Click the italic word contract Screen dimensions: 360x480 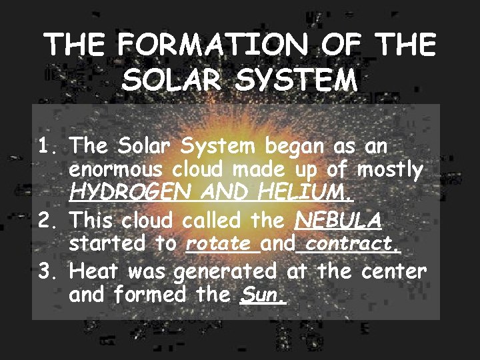point(349,243)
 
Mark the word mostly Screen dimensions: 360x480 point(389,170)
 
